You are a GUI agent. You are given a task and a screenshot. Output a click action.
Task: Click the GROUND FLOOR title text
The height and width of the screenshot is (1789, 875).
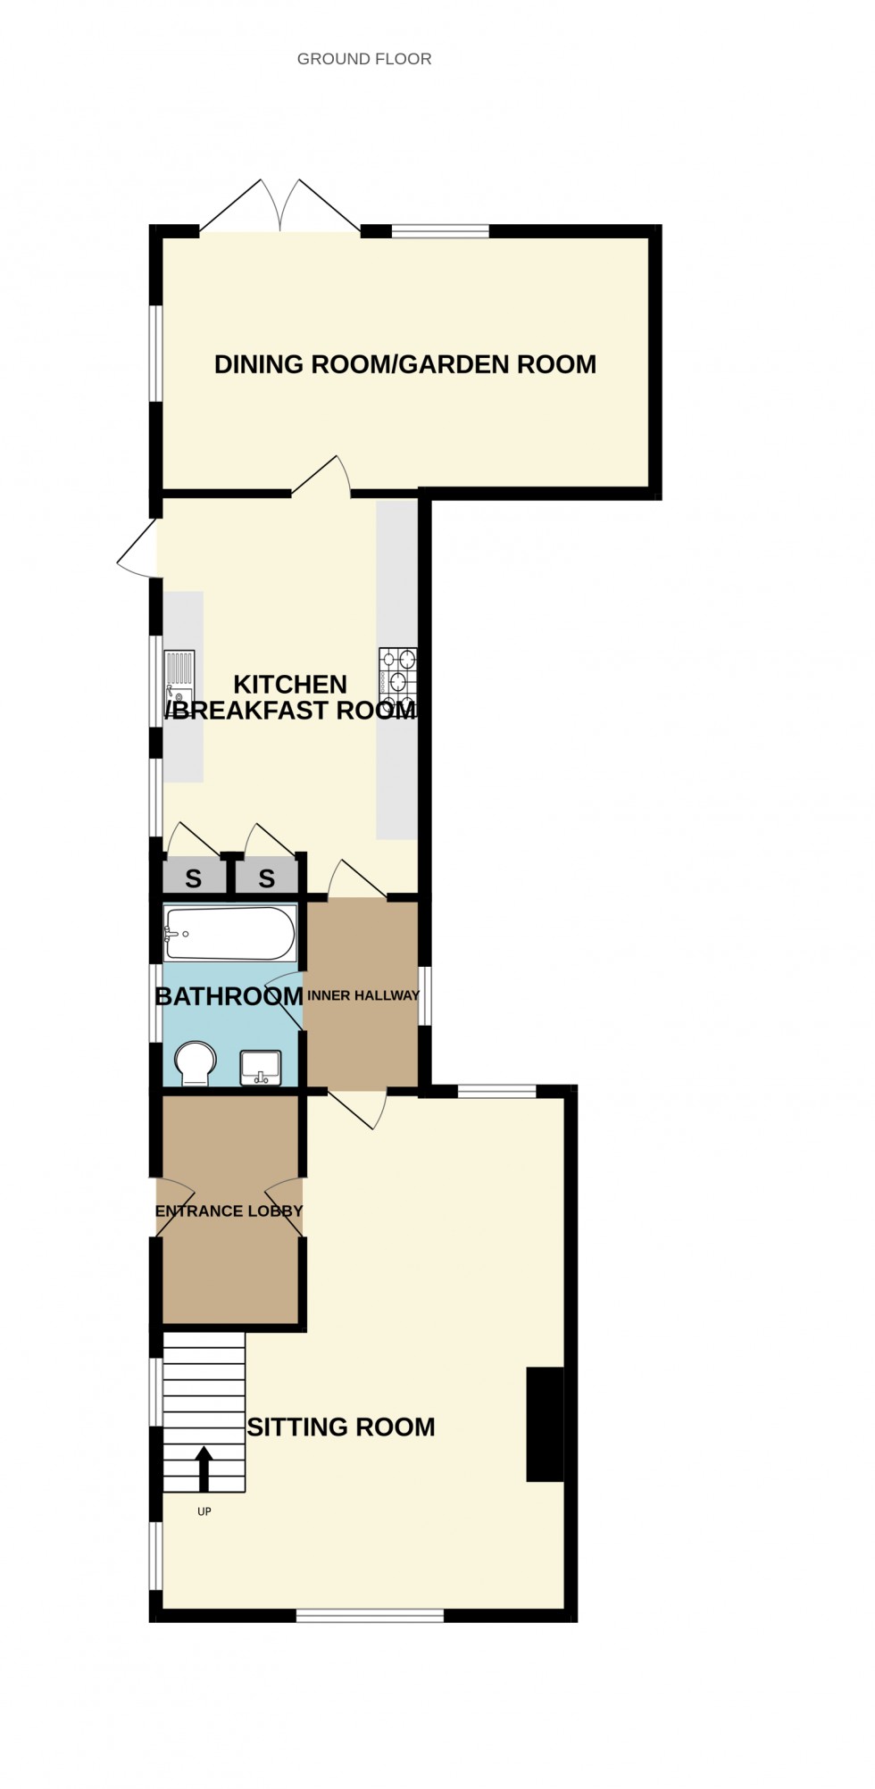point(364,59)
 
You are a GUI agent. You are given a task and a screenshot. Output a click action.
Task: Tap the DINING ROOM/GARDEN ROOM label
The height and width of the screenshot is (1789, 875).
point(404,364)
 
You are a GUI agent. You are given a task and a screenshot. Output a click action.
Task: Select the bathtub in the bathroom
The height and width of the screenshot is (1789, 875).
point(229,933)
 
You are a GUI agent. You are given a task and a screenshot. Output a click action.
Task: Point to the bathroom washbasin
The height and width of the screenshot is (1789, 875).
point(261,1068)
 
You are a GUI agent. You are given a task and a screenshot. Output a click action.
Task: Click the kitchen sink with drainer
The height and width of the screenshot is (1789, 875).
point(179,678)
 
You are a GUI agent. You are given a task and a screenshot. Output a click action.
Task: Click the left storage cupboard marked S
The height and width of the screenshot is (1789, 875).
point(193,878)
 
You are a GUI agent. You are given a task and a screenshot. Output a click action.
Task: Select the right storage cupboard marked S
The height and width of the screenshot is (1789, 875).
point(266,878)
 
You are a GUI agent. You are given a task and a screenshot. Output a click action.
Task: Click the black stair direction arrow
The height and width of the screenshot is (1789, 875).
point(204,1468)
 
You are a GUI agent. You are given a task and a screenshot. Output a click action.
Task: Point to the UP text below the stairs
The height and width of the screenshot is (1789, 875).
point(204,1511)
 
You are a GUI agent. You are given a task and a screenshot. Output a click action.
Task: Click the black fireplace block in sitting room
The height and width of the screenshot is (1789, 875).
point(545,1424)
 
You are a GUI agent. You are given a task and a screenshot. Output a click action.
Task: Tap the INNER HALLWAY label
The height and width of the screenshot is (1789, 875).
point(362,995)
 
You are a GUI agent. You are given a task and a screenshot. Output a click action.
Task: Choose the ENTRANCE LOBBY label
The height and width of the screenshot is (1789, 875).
point(229,1211)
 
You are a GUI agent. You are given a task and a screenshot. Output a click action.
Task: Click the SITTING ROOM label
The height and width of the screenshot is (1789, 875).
point(341,1427)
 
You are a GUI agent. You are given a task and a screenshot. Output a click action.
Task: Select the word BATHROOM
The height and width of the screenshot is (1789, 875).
point(229,996)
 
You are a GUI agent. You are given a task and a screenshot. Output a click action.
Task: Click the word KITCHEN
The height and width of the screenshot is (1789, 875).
point(290,685)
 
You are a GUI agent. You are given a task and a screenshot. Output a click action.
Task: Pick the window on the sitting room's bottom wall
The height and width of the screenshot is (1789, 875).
point(370,1615)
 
